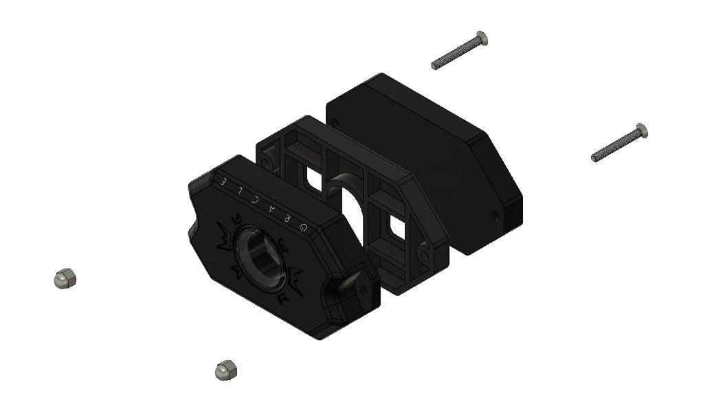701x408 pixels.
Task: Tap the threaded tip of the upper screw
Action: [435, 66]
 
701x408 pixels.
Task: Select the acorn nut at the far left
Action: [65, 278]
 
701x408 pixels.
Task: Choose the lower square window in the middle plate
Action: [394, 225]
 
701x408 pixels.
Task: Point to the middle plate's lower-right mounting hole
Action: [426, 255]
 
